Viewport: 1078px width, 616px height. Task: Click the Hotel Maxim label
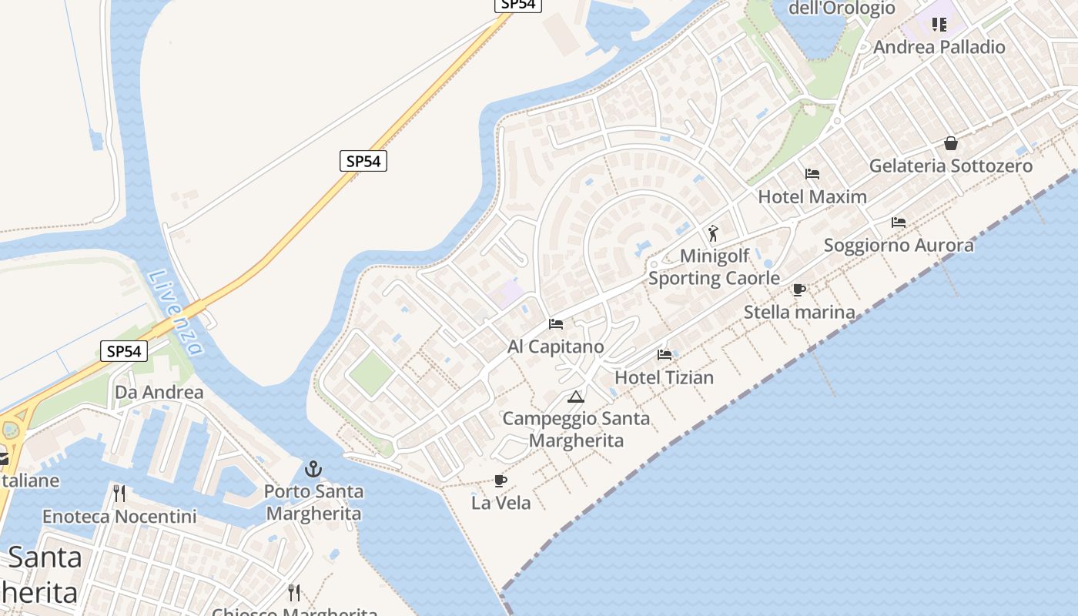pyautogui.click(x=812, y=196)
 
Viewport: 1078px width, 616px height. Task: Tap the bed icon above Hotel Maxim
pyautogui.click(x=812, y=173)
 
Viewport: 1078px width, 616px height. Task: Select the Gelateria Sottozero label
pyautogui.click(x=951, y=166)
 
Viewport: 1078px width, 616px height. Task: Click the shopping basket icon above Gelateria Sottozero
pyautogui.click(x=951, y=143)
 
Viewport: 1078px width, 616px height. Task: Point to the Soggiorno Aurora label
pyautogui.click(x=899, y=245)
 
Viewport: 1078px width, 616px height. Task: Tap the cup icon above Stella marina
pyautogui.click(x=799, y=290)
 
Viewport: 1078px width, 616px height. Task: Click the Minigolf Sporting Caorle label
pyautogui.click(x=714, y=266)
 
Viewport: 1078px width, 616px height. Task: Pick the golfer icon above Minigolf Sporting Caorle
pyautogui.click(x=713, y=233)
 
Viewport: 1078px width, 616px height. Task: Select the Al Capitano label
pyautogui.click(x=556, y=346)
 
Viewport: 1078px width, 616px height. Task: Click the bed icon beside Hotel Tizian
pyautogui.click(x=665, y=355)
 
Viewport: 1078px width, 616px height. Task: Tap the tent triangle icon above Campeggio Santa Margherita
pyautogui.click(x=575, y=397)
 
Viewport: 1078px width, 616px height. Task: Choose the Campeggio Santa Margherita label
pyautogui.click(x=576, y=430)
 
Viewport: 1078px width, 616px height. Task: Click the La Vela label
pyautogui.click(x=501, y=503)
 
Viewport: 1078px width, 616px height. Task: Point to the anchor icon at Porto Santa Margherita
pyautogui.click(x=313, y=468)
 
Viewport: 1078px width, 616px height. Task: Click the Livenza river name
pyautogui.click(x=175, y=312)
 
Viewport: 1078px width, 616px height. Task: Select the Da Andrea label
pyautogui.click(x=159, y=392)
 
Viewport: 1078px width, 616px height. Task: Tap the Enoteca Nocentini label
pyautogui.click(x=119, y=516)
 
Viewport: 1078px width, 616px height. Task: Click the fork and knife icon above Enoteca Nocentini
pyautogui.click(x=119, y=493)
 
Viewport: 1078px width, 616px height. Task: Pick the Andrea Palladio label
pyautogui.click(x=939, y=47)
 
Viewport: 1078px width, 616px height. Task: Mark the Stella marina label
pyautogui.click(x=799, y=312)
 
